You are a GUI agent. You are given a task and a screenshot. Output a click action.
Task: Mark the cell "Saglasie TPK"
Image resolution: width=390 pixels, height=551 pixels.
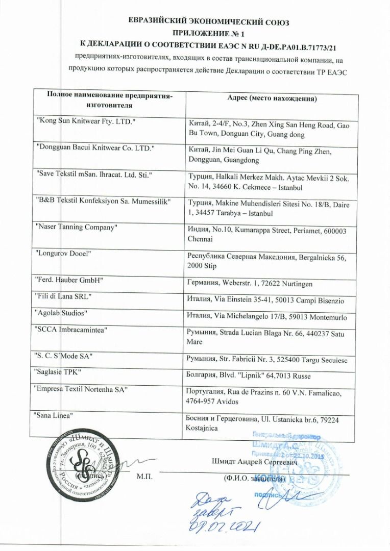point(59,372)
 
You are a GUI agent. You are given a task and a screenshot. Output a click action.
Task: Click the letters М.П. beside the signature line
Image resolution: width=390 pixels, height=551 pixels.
point(146,478)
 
